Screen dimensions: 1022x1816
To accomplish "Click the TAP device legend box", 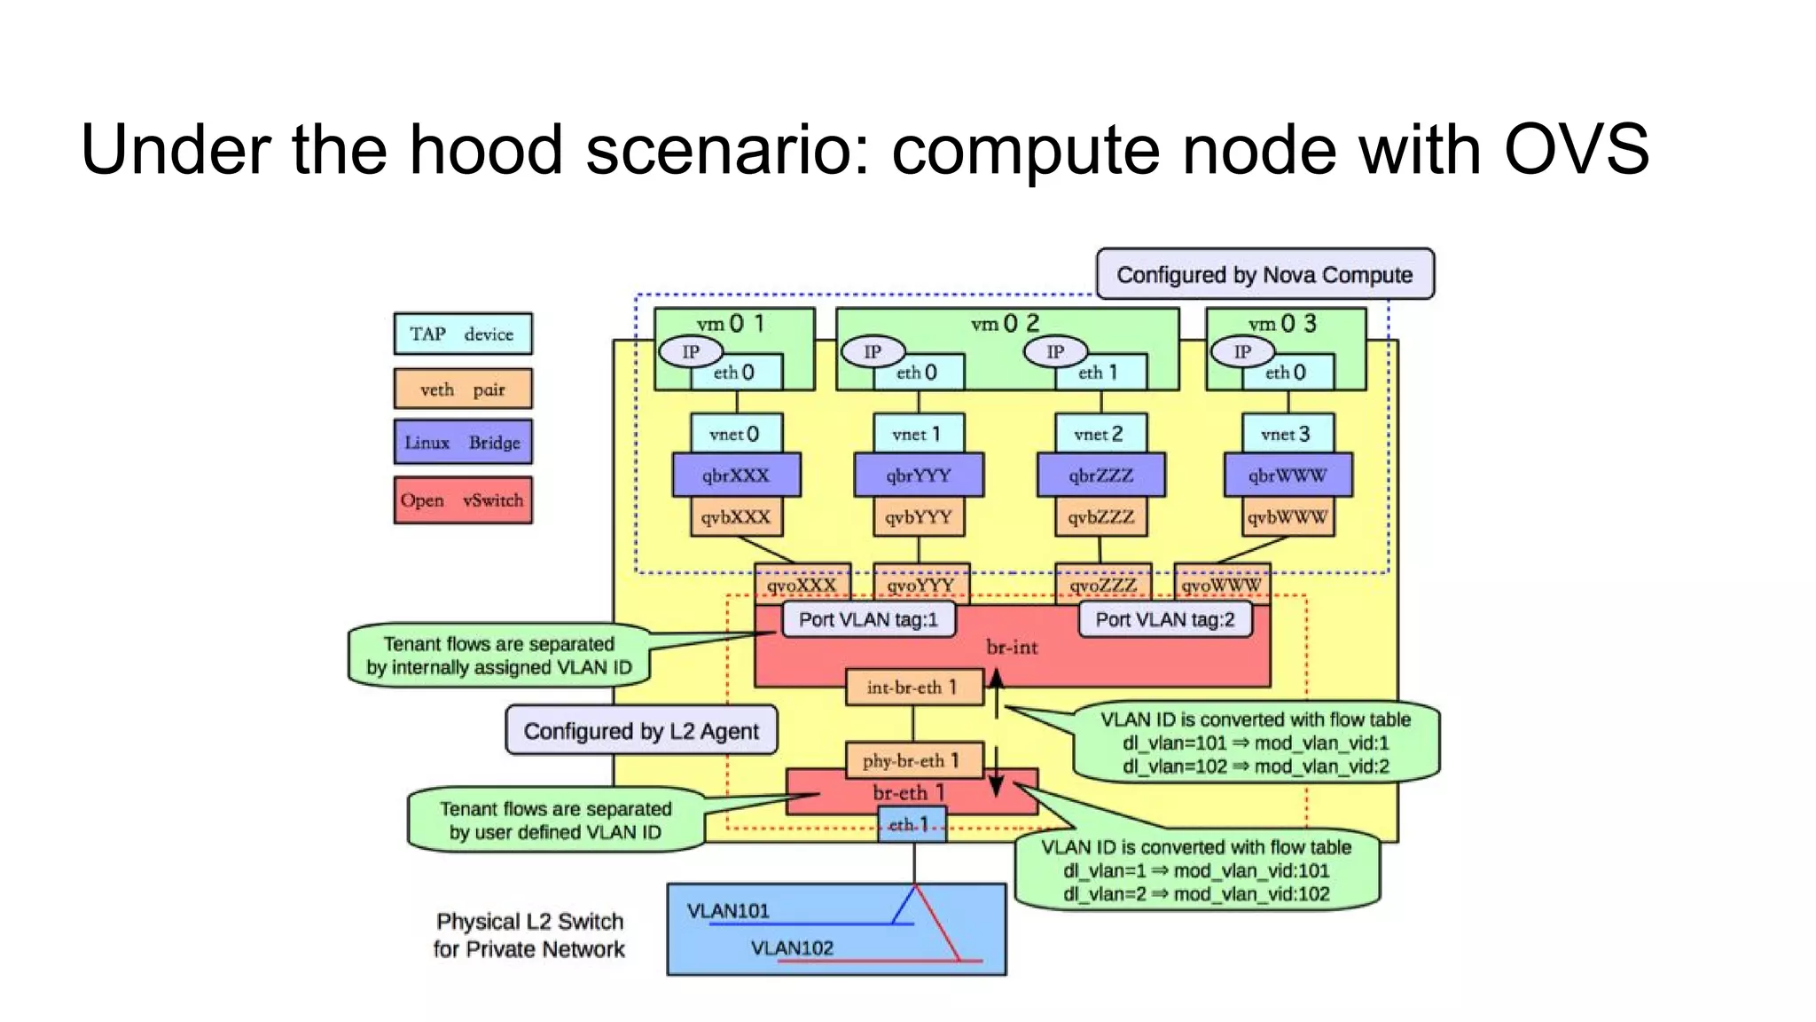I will point(463,334).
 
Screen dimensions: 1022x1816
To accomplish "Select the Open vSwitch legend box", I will point(463,500).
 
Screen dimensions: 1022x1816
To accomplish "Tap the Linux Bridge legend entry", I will point(463,442).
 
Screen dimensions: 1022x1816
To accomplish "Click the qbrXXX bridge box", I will point(736,476).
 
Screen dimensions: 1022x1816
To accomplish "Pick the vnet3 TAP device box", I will point(1287,434).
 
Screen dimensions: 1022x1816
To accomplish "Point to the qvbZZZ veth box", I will point(1100,517).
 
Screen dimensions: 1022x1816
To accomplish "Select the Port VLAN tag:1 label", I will point(868,619).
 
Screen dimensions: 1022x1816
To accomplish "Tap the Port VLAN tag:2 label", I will point(1164,619).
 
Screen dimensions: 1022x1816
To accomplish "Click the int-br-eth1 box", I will point(913,688).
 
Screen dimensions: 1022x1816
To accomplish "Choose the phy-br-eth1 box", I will point(913,760).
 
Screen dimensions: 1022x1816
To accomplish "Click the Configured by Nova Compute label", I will point(1264,274).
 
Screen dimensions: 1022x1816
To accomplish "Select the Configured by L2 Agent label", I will point(641,731).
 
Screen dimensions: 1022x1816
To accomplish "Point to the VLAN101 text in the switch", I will point(728,911).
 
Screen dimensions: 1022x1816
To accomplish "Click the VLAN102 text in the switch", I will point(792,948).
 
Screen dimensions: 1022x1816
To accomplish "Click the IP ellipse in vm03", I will point(1242,352).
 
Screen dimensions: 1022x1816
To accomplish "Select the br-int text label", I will point(1012,648).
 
